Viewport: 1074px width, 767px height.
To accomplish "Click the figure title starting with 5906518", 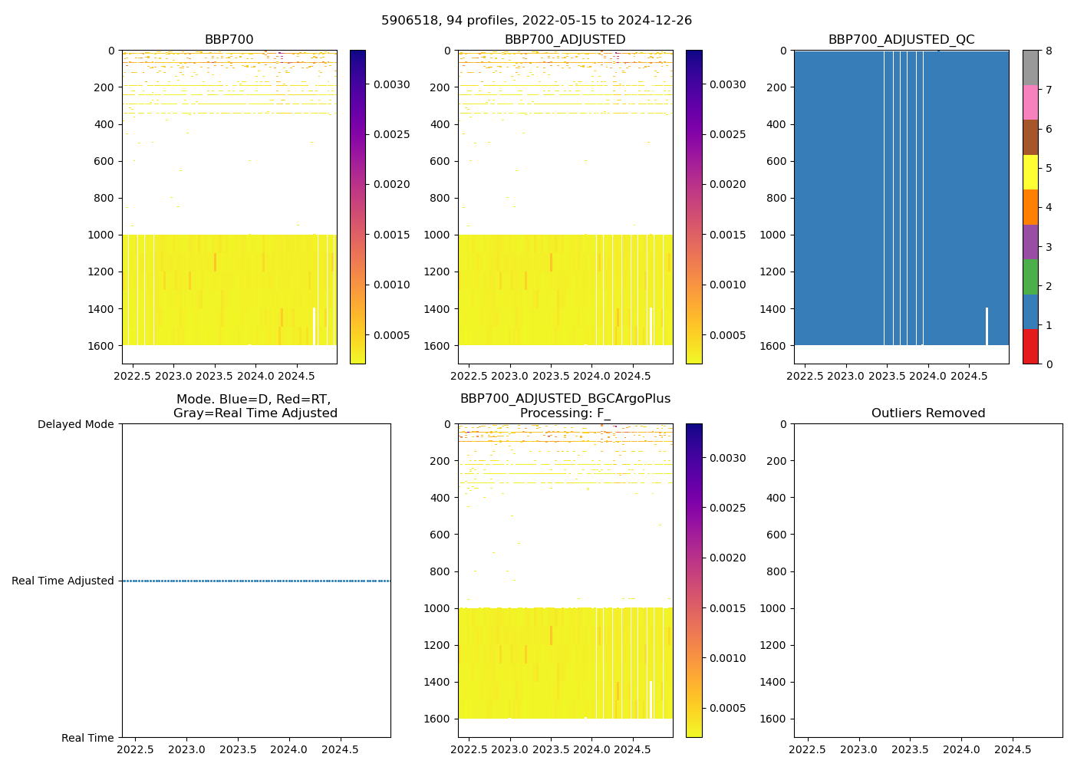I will (x=536, y=21).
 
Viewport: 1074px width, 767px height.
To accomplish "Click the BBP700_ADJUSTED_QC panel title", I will (x=901, y=40).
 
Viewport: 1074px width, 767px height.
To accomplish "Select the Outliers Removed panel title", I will (x=927, y=413).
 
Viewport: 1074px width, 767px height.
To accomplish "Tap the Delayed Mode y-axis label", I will (x=75, y=424).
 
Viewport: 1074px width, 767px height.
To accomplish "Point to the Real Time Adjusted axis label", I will (x=62, y=581).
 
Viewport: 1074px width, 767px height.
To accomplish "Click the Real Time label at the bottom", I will (x=87, y=738).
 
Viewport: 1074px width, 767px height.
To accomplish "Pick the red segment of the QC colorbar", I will (x=1030, y=347).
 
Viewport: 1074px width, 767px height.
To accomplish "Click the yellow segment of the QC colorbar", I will (x=1030, y=172).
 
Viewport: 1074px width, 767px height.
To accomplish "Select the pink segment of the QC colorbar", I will (x=1030, y=102).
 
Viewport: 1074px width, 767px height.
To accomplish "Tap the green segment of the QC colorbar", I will (x=1030, y=276).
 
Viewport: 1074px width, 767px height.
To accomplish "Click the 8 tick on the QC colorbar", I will (x=1048, y=51).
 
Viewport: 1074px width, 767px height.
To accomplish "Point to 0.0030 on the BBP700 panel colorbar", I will (x=391, y=85).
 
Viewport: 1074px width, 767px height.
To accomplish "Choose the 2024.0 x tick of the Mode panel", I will (x=288, y=749).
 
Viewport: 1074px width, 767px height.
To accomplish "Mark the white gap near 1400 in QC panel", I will (x=987, y=326).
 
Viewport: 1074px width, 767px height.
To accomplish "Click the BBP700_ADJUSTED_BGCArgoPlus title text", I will (x=565, y=399).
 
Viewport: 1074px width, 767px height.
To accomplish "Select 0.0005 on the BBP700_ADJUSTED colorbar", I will (x=727, y=335).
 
